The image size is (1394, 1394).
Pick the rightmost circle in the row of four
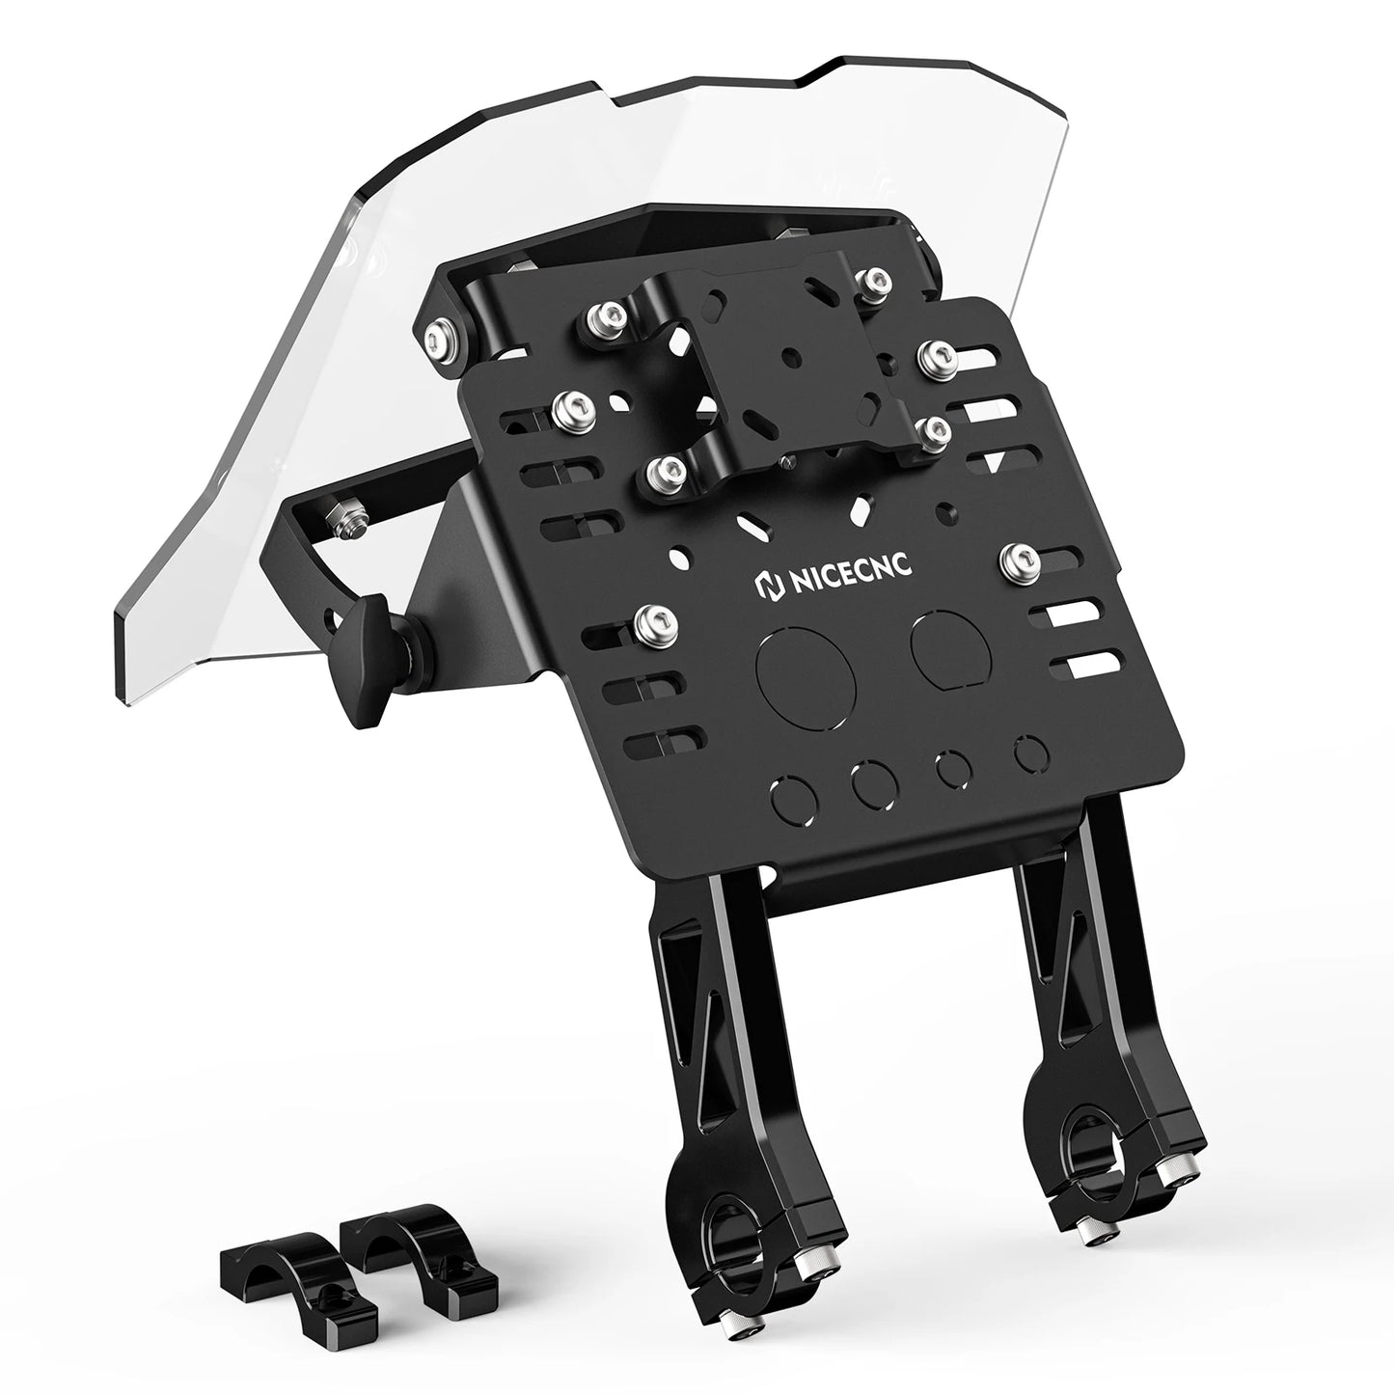coord(1031,752)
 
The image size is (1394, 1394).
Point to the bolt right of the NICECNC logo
coord(1016,556)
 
